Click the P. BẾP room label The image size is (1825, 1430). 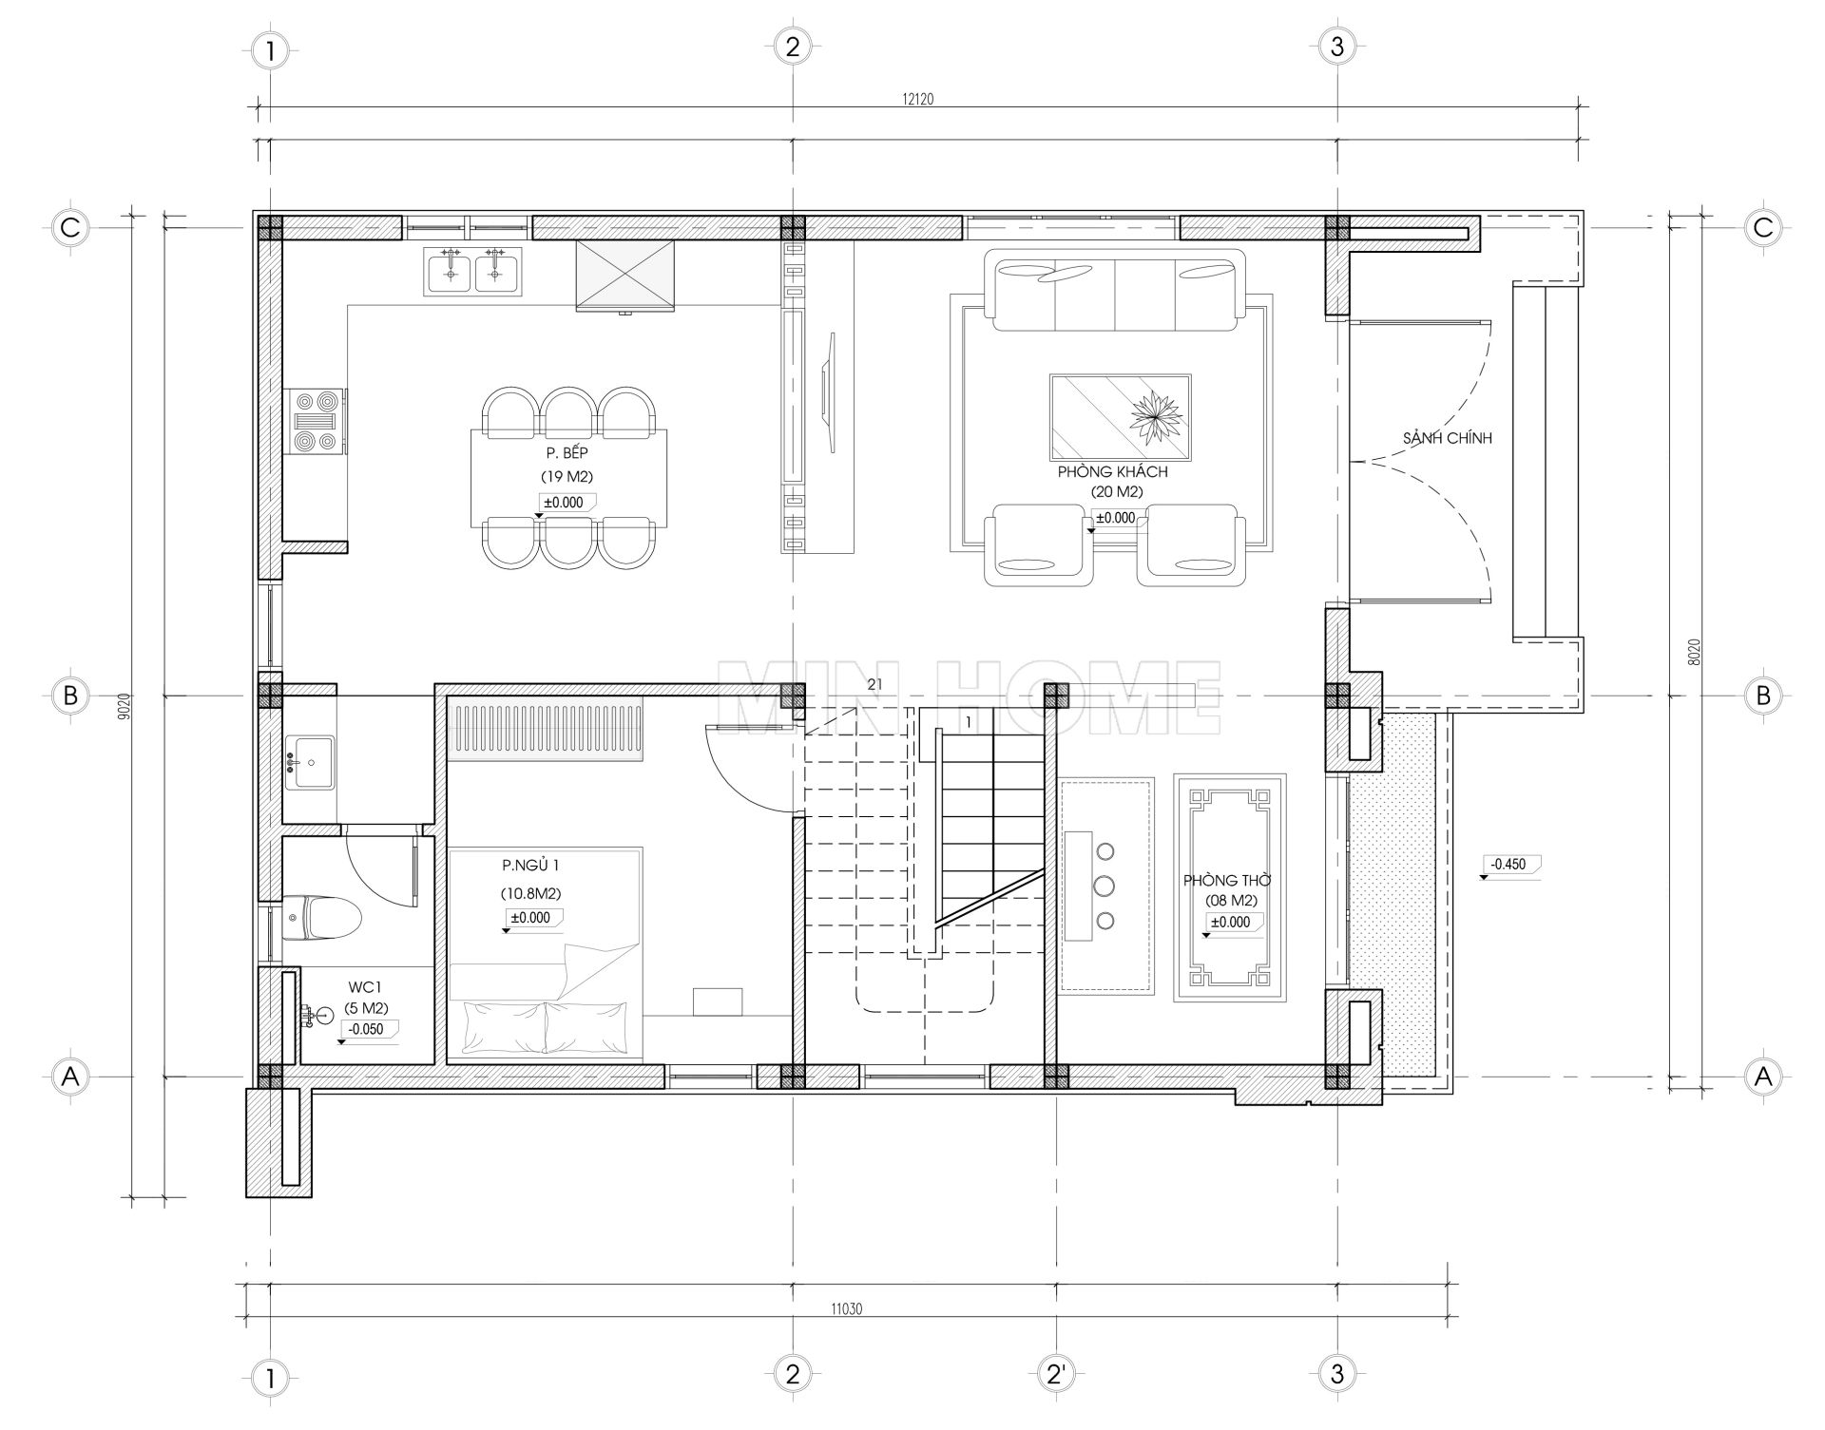567,453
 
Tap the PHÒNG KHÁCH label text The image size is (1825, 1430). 1113,471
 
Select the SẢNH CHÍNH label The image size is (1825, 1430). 1447,438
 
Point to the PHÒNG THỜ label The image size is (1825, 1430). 1227,880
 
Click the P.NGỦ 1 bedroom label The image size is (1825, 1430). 531,866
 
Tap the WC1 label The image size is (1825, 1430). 365,989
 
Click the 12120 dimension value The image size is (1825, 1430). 918,99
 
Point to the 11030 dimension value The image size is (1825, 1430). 846,1308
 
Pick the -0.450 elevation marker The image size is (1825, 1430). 1508,865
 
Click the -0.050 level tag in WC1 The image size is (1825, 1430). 367,1029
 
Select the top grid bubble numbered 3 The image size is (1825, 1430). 1337,47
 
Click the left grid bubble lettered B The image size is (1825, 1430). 69,696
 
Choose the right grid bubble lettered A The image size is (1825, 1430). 1764,1077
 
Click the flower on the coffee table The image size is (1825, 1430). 1155,415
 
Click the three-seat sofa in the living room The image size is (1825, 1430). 1115,291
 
